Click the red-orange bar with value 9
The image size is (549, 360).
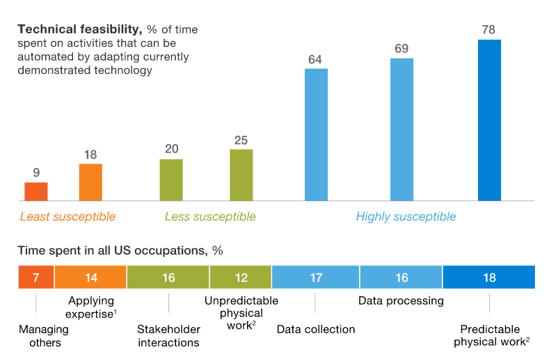pyautogui.click(x=36, y=191)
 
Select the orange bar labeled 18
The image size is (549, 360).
pyautogui.click(x=90, y=182)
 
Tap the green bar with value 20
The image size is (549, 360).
pyautogui.click(x=171, y=180)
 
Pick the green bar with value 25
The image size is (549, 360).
pyautogui.click(x=241, y=175)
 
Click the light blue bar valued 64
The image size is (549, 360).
pyautogui.click(x=316, y=135)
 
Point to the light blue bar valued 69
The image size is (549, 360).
pyautogui.click(x=401, y=130)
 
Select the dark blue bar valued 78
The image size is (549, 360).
pyautogui.click(x=489, y=120)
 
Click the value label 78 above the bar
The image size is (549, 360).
pyautogui.click(x=489, y=30)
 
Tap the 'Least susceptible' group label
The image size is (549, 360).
pyautogui.click(x=67, y=217)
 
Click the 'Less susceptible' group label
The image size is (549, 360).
pyautogui.click(x=210, y=217)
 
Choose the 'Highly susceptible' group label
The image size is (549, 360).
pyautogui.click(x=406, y=217)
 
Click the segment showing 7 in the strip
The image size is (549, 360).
pyautogui.click(x=36, y=277)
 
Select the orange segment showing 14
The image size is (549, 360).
pyautogui.click(x=90, y=277)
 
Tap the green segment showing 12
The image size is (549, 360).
pyautogui.click(x=240, y=277)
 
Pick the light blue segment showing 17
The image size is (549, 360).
pyautogui.click(x=315, y=277)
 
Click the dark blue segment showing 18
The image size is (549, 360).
pyautogui.click(x=488, y=277)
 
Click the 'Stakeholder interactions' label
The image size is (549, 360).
pyautogui.click(x=168, y=336)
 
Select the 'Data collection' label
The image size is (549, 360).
pyautogui.click(x=316, y=329)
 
